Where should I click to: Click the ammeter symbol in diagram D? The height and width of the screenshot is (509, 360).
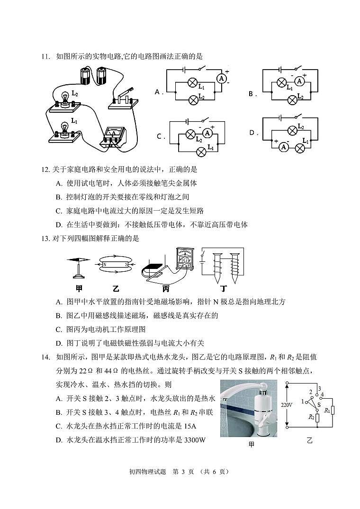(284, 147)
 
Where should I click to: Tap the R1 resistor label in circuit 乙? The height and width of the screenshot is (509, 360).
(327, 410)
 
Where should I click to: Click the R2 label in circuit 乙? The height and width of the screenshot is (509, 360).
(311, 417)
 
